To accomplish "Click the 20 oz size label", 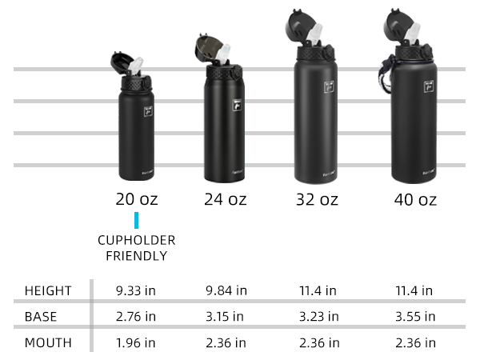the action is click(x=137, y=199).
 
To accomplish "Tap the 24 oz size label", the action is click(x=226, y=199).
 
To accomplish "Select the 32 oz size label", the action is click(x=317, y=199).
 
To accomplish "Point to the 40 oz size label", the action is click(x=415, y=199).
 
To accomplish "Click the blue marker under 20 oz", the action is click(x=136, y=221).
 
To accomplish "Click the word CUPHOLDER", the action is click(x=137, y=240).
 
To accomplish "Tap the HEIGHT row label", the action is click(x=48, y=290).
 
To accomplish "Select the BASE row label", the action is click(x=41, y=317).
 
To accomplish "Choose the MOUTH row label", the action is click(x=48, y=343).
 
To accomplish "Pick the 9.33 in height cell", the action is click(x=136, y=290).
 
